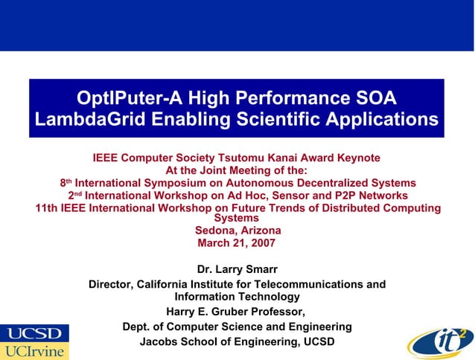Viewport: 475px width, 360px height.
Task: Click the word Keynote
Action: point(356,158)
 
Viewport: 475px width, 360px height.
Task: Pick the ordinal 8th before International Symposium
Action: point(66,182)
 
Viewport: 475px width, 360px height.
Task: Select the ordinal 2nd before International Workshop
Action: point(73,195)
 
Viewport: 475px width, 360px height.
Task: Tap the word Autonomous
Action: point(273,183)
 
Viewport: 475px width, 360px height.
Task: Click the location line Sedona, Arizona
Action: point(238,231)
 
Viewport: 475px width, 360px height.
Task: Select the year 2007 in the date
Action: point(260,243)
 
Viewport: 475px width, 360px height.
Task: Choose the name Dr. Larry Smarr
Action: point(237,269)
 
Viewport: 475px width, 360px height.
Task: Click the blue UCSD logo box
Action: point(34,332)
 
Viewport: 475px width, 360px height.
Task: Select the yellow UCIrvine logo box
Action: point(34,350)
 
